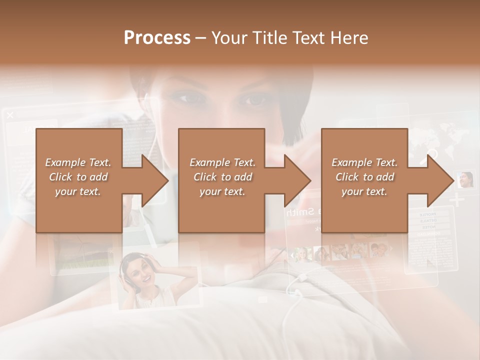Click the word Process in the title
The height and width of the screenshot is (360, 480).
click(157, 38)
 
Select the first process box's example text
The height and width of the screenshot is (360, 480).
click(78, 176)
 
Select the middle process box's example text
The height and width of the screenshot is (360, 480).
click(222, 176)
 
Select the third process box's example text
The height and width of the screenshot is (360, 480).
click(364, 176)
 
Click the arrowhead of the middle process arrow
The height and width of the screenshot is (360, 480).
click(298, 180)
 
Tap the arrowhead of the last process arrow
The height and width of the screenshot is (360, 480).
click(441, 180)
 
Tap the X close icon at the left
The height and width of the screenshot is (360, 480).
click(10, 115)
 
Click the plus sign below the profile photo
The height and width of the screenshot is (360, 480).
click(456, 201)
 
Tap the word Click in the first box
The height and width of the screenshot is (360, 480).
click(61, 177)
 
